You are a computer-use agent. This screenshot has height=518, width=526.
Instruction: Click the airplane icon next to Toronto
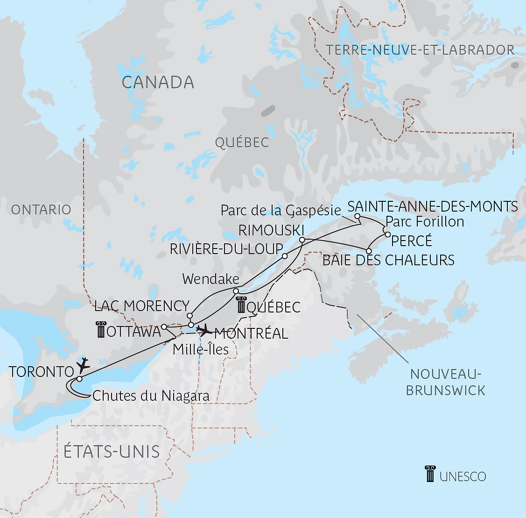[x=83, y=363]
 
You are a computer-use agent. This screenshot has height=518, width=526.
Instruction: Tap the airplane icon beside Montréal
[x=204, y=331]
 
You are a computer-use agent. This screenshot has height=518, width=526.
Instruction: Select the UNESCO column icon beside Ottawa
[x=100, y=330]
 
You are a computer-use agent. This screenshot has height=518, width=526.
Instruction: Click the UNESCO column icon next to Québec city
[x=241, y=305]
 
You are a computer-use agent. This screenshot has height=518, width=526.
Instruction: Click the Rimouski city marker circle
[x=302, y=240]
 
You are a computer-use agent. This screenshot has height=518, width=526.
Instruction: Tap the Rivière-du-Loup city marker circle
[x=285, y=256]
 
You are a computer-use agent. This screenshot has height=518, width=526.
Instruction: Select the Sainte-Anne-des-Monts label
[x=433, y=206]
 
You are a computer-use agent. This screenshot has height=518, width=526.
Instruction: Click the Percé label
[x=411, y=241]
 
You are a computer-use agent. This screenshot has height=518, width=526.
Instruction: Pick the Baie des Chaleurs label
[x=388, y=260]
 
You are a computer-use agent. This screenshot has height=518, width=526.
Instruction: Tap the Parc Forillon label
[x=425, y=221]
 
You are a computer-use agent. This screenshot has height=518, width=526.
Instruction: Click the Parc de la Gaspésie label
[x=281, y=211]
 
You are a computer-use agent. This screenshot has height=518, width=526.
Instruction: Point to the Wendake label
[x=210, y=279]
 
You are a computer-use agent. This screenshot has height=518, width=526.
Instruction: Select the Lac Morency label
[x=142, y=306]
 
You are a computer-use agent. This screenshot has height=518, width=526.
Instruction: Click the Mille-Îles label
[x=200, y=349]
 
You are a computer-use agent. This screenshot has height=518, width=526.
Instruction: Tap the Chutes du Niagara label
[x=151, y=396]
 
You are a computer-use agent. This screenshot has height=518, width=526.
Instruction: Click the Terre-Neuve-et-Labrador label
[x=420, y=50]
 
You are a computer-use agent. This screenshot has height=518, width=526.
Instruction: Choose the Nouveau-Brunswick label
[x=445, y=382]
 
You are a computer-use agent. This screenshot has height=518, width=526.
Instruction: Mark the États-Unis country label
[x=112, y=452]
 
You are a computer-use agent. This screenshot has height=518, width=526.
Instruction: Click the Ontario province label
[x=41, y=210]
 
